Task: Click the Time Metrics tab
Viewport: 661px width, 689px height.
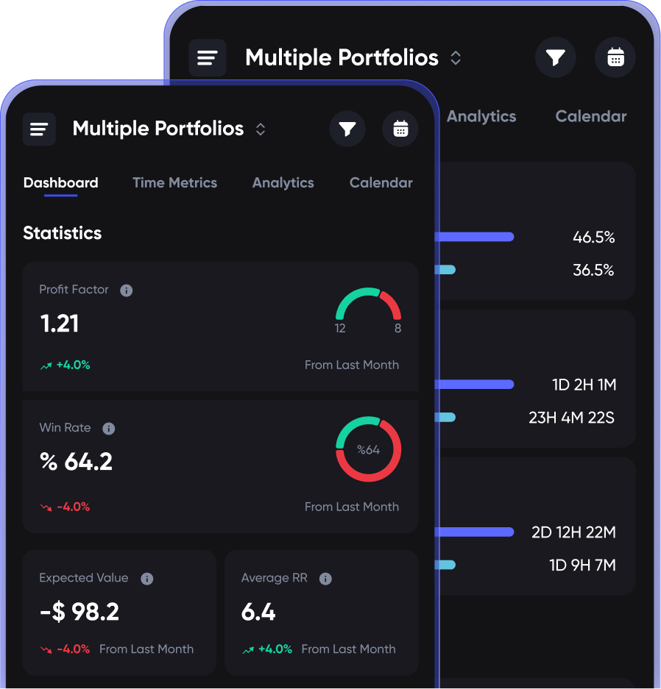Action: point(174,183)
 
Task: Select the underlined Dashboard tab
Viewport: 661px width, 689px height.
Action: point(60,183)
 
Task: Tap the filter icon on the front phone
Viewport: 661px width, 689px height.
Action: point(347,129)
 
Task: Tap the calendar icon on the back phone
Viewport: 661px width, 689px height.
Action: point(615,57)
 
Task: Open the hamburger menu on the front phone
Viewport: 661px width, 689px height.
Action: point(39,129)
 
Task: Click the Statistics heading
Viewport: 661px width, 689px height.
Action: point(63,233)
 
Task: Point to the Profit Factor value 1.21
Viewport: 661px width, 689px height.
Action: point(59,324)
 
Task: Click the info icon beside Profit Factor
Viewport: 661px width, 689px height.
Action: point(126,290)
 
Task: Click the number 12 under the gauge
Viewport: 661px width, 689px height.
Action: point(340,329)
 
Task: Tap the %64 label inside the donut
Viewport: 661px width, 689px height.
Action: point(368,450)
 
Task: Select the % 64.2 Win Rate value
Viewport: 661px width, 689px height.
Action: point(76,462)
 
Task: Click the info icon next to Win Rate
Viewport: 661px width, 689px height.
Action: point(109,429)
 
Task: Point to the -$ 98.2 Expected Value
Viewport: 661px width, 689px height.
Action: point(79,612)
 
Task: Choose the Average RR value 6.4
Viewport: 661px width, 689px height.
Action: point(258,612)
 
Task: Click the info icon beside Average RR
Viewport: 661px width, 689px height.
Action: point(325,579)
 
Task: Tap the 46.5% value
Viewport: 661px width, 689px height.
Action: point(593,238)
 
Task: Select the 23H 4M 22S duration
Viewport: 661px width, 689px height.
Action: point(571,418)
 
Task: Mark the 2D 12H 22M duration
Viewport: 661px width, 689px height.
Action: point(573,532)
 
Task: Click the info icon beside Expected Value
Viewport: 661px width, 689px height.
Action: point(146,579)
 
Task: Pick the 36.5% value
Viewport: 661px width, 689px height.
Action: point(593,271)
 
